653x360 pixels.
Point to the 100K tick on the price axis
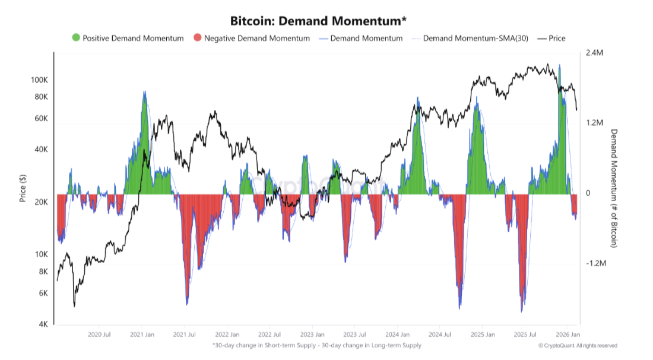[39, 80]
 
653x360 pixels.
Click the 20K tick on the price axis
[40, 202]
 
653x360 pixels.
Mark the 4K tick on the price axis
[43, 325]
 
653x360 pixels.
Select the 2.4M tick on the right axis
[595, 53]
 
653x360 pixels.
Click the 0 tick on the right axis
[588, 194]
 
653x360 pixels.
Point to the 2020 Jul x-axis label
[99, 335]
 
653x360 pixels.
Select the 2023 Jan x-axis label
[312, 335]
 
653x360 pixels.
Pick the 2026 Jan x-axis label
[568, 335]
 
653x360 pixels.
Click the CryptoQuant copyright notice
[578, 345]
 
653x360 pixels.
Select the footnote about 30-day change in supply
[316, 345]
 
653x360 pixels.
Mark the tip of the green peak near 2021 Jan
[144, 91]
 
